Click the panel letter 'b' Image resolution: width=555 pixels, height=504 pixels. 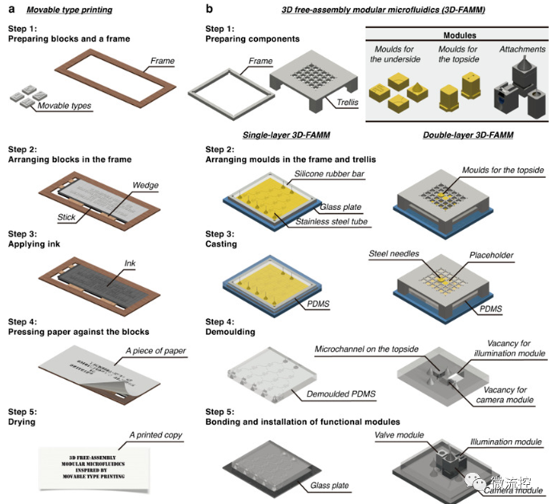click(x=210, y=10)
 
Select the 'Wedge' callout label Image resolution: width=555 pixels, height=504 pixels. click(x=147, y=186)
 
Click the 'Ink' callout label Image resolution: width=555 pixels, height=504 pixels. click(x=130, y=263)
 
